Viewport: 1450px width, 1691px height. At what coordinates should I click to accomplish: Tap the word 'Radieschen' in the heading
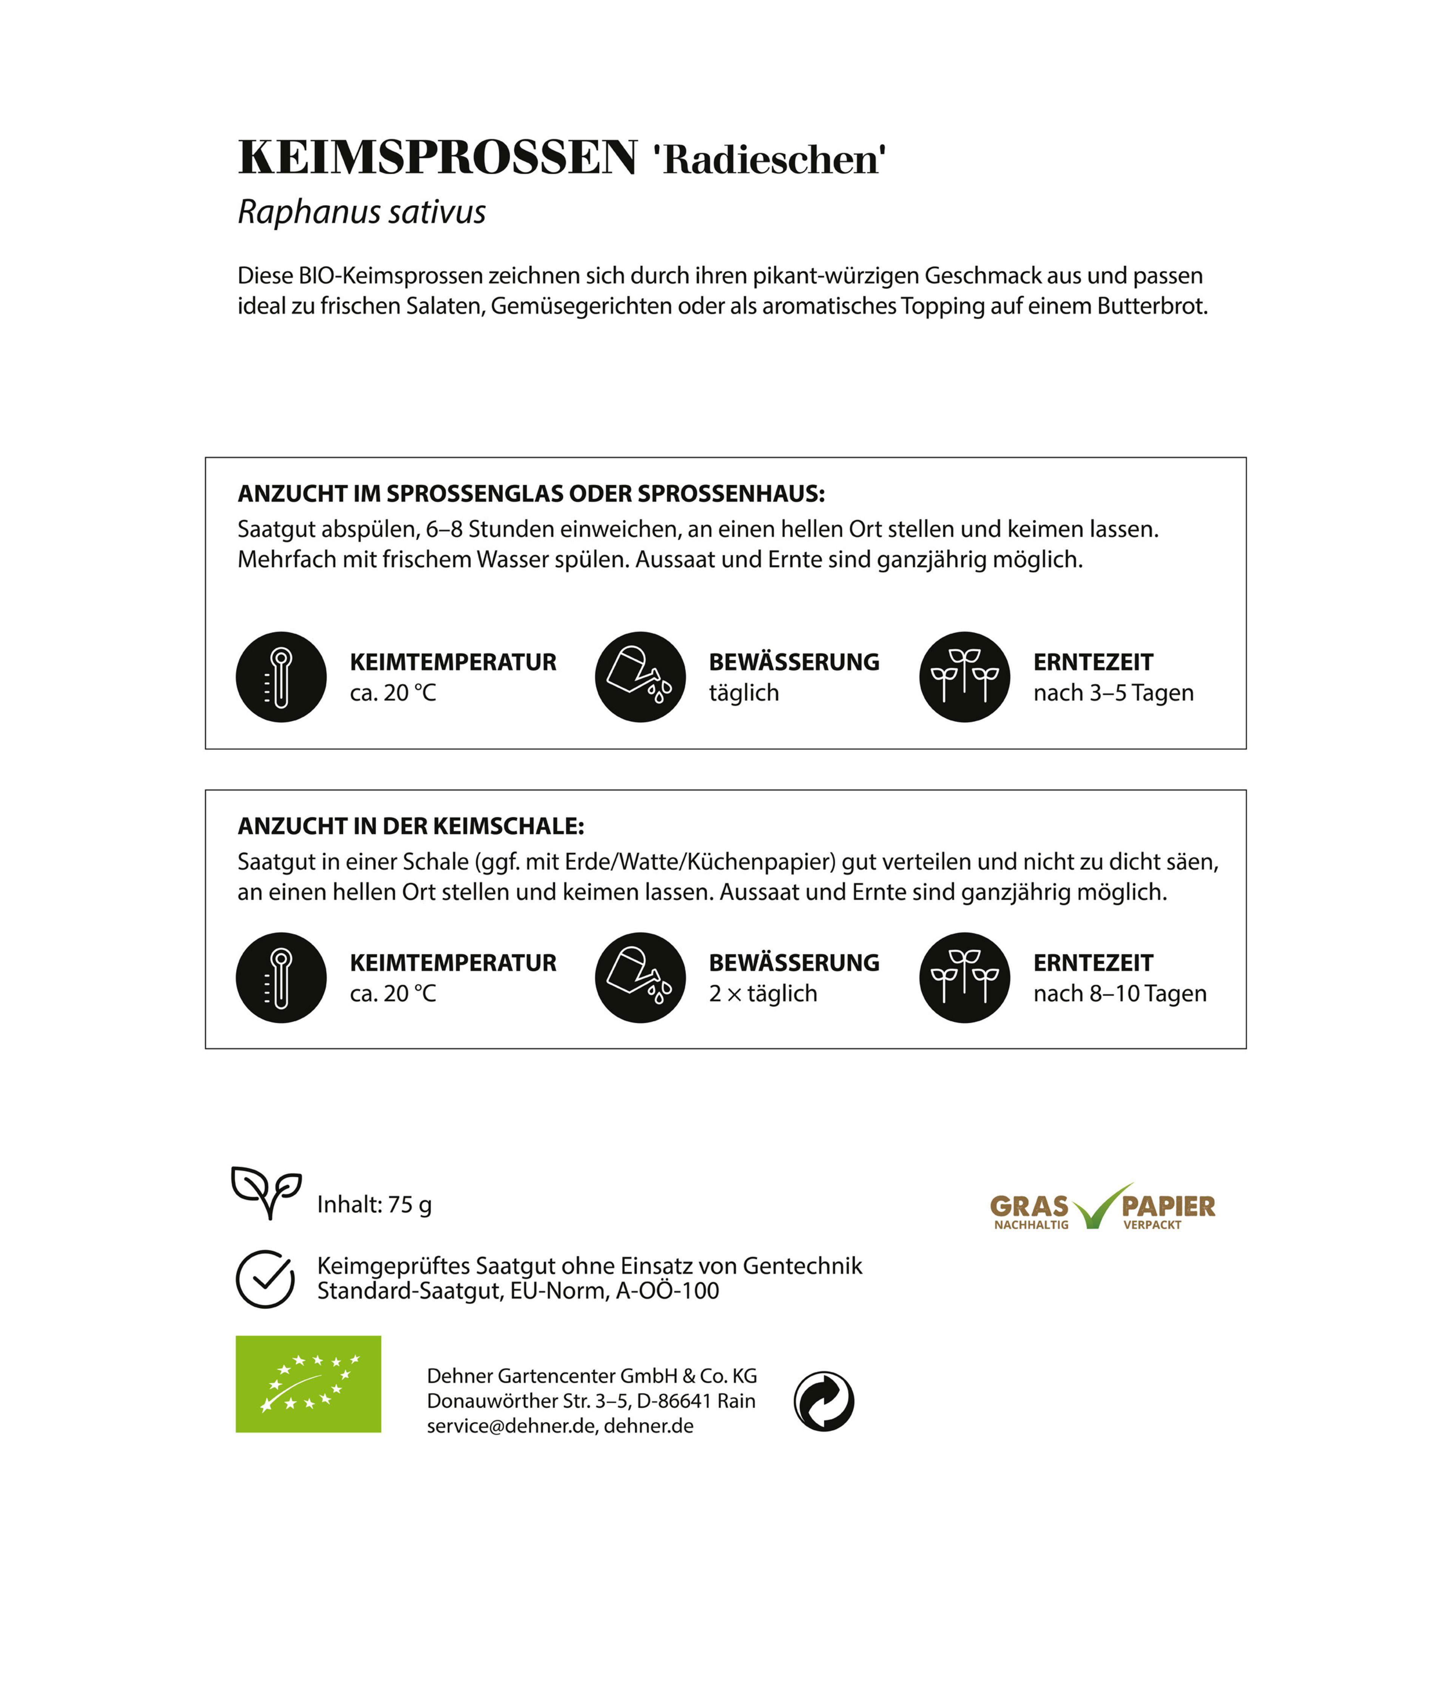point(769,159)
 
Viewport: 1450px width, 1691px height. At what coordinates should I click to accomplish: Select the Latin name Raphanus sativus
point(362,212)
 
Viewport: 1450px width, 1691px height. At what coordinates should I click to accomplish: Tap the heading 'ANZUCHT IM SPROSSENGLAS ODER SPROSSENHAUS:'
point(531,494)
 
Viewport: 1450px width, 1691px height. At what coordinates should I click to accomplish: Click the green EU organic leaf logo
point(308,1384)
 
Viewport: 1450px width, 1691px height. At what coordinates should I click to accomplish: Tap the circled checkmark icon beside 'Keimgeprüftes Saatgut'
point(265,1279)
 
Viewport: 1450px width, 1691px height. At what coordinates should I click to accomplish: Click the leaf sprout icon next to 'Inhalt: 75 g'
point(266,1192)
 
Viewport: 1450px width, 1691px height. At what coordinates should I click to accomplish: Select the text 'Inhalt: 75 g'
point(374,1204)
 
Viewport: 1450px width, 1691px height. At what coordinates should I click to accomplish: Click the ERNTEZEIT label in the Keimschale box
point(1092,963)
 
